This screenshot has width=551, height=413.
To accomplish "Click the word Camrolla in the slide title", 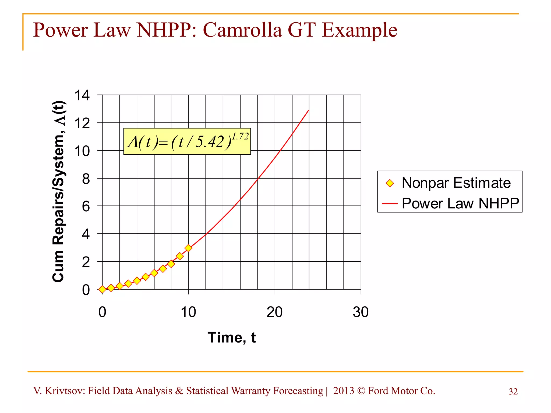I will pos(242,30).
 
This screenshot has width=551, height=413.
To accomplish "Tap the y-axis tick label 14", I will pos(82,95).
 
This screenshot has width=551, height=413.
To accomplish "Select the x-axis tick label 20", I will pos(274,312).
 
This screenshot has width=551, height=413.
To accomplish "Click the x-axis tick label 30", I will pos(361,312).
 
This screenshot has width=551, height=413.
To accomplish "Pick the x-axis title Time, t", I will pos(232,338).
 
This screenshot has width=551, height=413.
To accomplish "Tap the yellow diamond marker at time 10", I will pos(188,248).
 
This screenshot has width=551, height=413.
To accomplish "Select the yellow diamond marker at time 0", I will pos(102,290).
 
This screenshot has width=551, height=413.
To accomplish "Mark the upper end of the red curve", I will pos(309,110).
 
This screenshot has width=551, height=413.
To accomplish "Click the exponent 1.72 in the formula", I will pos(240,137).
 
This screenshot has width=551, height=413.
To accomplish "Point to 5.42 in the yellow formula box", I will pos(209,142).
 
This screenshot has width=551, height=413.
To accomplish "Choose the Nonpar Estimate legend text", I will pos(456,183).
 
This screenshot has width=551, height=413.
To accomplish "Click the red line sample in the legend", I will pos(390,204).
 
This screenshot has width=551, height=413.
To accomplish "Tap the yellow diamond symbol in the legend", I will pos(390,183).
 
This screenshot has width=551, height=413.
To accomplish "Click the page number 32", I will pos(513,392).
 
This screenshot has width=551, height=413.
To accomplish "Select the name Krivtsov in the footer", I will pos(65,391).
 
